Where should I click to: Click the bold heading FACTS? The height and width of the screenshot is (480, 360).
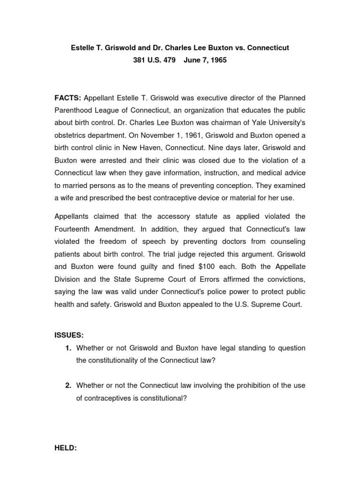coord(68,97)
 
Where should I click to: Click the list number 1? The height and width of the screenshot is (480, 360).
coord(68,348)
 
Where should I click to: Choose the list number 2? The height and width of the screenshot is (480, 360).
coord(68,385)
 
